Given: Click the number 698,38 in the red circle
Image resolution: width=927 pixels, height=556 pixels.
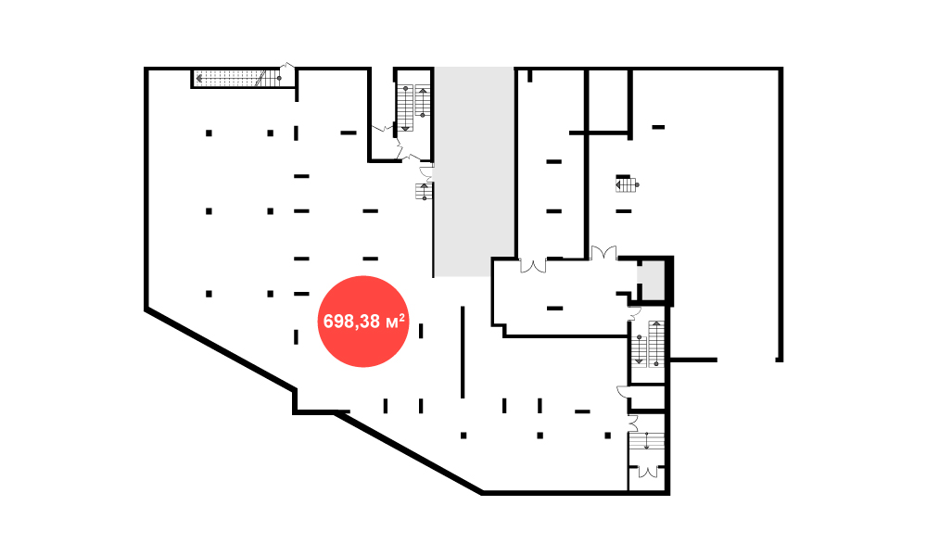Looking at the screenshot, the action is click(x=351, y=322).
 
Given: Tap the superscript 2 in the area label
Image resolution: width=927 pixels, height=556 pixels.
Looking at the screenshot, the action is click(x=402, y=317).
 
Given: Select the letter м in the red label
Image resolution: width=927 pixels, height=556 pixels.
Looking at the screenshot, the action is click(x=391, y=323).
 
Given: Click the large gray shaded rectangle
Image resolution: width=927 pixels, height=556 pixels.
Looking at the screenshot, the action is click(x=474, y=171).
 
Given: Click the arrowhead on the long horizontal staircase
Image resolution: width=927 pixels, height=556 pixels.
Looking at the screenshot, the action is click(x=199, y=78).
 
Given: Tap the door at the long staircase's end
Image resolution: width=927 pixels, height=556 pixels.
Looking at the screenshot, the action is click(x=286, y=69).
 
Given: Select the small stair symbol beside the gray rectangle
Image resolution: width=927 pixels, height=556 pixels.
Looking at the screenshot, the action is click(x=424, y=192).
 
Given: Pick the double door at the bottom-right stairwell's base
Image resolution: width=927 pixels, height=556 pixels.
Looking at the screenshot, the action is click(x=648, y=472).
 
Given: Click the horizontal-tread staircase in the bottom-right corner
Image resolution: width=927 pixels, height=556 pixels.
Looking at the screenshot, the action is click(x=647, y=441).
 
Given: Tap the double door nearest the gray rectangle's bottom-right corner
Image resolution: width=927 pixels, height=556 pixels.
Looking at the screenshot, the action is click(x=533, y=266).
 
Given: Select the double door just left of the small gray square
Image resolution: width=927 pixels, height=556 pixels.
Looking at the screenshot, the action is click(x=603, y=253).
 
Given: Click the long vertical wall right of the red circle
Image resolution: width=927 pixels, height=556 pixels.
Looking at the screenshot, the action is click(x=463, y=352).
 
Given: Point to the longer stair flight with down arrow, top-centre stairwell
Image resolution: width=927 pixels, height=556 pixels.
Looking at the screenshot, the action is click(x=406, y=108).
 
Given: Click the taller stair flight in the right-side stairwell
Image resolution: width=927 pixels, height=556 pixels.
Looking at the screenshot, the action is click(x=656, y=344).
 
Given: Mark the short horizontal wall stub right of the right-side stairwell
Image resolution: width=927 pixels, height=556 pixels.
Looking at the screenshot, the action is click(x=692, y=360).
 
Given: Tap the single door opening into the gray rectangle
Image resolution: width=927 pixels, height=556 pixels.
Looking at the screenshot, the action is click(x=426, y=173).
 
